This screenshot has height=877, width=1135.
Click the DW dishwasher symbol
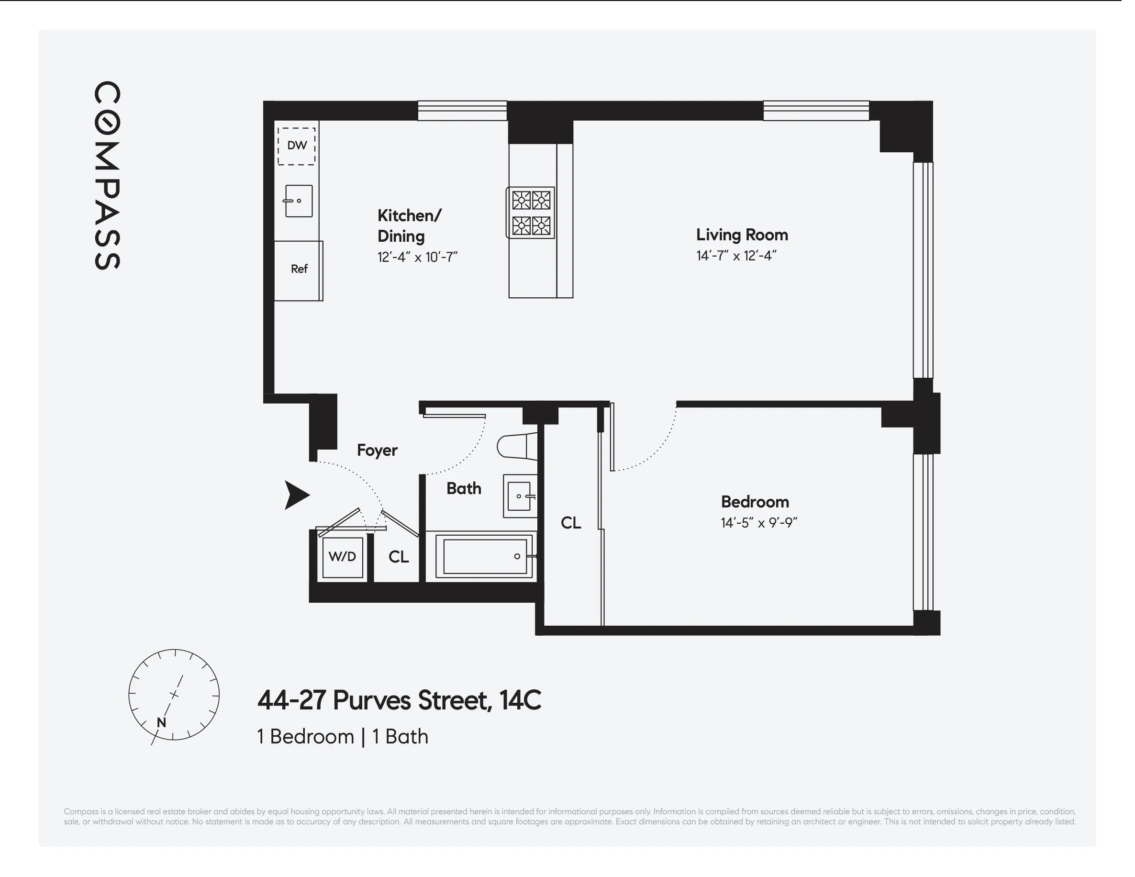(x=296, y=146)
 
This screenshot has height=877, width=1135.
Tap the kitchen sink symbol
(x=298, y=201)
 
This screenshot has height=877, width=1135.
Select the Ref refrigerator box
(x=299, y=270)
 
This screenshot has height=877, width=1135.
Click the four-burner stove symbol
(x=531, y=213)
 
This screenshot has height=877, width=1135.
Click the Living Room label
(x=742, y=235)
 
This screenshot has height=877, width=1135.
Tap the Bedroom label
(x=755, y=502)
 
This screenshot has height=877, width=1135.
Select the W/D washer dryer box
(x=342, y=557)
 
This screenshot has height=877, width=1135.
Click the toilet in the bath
(x=517, y=446)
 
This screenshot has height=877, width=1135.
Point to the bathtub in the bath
(x=484, y=556)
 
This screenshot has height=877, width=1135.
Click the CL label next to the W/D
(x=399, y=557)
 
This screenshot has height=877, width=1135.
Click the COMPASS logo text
(x=107, y=175)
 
